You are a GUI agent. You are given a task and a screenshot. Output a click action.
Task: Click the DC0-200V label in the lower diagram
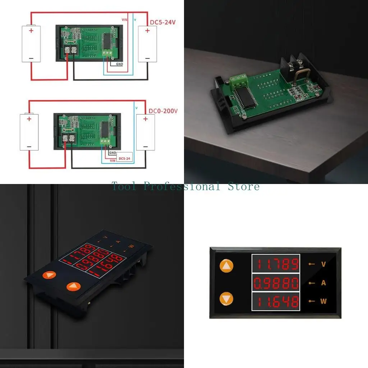coord(164,111)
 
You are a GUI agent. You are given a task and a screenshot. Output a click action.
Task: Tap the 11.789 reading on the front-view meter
coord(276,264)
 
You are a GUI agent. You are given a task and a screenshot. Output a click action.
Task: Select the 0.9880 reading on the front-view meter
coord(276,283)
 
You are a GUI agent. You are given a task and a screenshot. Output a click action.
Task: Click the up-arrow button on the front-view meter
coord(227,266)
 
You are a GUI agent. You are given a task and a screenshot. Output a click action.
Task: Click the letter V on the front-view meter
coord(323,264)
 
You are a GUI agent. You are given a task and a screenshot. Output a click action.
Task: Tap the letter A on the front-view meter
coord(323,283)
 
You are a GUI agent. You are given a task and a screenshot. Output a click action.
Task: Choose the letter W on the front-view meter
coord(323,302)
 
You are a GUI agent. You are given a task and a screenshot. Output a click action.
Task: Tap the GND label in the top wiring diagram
coord(120,64)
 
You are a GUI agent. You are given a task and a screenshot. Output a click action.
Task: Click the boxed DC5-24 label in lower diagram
coord(124,158)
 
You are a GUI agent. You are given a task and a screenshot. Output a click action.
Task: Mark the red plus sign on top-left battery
coord(31,31)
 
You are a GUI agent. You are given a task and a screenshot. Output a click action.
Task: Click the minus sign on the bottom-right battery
coord(146,147)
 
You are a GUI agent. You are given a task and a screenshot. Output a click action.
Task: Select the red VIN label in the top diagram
coord(124,20)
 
